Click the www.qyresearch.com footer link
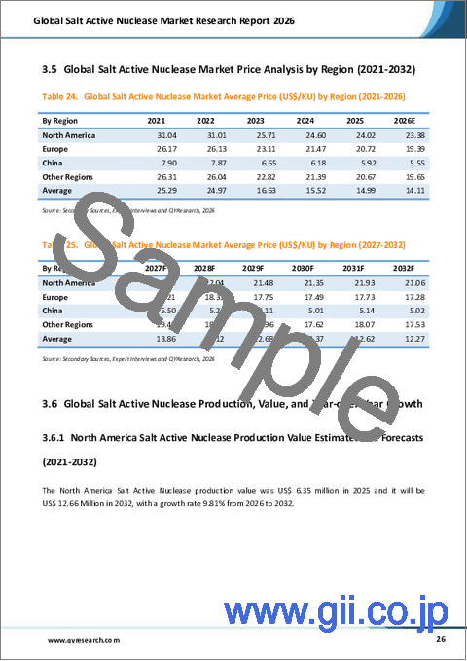pos(84,641)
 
